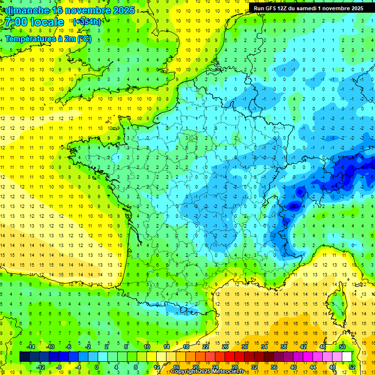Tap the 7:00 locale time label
click(35, 22)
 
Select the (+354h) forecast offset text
click(86, 21)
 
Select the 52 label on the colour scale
click(352, 367)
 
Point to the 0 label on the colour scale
click(97, 367)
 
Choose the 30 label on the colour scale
click(245, 346)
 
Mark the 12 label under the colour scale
click(156, 367)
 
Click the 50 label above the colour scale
click(342, 346)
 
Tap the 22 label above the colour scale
click(206, 346)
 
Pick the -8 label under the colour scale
click(59, 367)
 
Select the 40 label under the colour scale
click(293, 367)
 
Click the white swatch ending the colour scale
click(347, 356)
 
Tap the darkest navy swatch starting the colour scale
click(24, 356)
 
